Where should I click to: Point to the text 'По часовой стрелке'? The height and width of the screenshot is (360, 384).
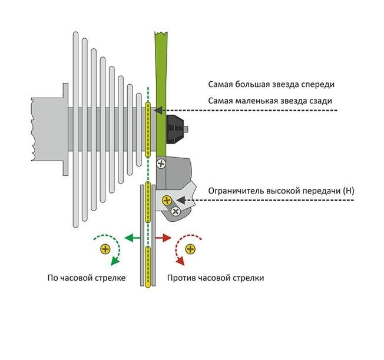87,278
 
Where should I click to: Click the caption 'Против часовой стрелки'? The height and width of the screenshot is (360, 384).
216,278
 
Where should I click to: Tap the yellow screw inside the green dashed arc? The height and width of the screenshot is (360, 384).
105,249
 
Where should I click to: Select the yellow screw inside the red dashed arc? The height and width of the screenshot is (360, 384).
190,249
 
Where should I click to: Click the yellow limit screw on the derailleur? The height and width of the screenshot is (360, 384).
167,200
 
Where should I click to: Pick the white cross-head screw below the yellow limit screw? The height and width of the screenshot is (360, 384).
175,211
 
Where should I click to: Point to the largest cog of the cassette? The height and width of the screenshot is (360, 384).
75,129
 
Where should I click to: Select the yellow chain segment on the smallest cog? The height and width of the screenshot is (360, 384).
148,129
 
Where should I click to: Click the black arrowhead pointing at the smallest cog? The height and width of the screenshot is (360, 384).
157,110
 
